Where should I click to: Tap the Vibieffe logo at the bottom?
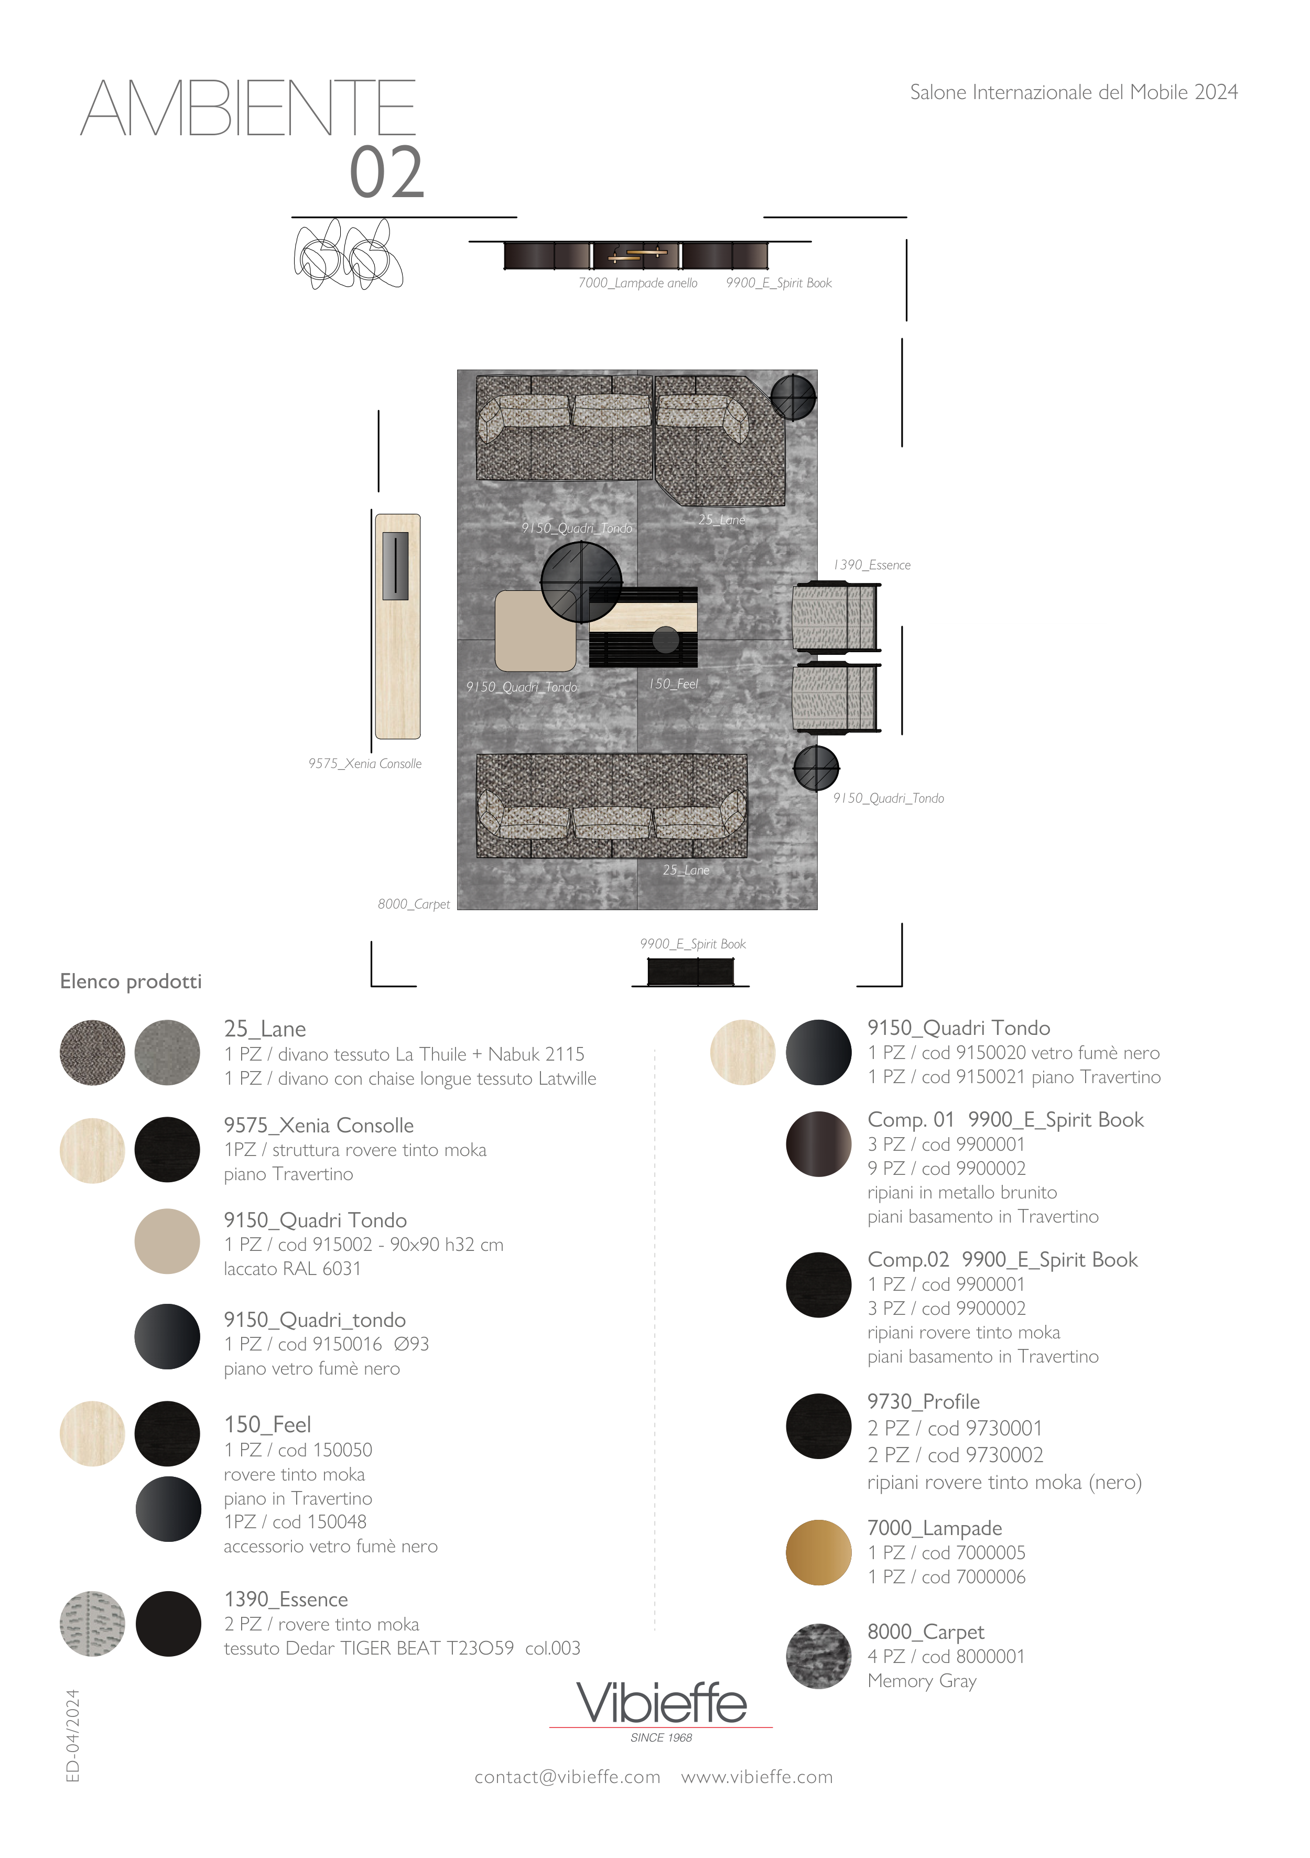tap(661, 1709)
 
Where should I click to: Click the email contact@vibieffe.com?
tap(567, 1777)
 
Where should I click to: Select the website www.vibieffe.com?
tap(756, 1777)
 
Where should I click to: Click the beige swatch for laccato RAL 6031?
tap(167, 1241)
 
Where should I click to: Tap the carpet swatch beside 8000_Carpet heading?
tap(818, 1656)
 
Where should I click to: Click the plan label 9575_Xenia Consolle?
tap(365, 763)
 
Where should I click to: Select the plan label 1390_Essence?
tap(872, 565)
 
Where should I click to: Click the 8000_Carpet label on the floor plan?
tap(414, 904)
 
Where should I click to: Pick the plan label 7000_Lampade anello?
tap(637, 283)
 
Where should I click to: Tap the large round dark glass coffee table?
tap(581, 581)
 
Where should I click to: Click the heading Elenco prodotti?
tap(131, 981)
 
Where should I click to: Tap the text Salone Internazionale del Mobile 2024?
tap(1074, 92)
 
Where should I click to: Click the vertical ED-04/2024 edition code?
tap(73, 1735)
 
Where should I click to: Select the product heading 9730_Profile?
tap(923, 1401)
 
